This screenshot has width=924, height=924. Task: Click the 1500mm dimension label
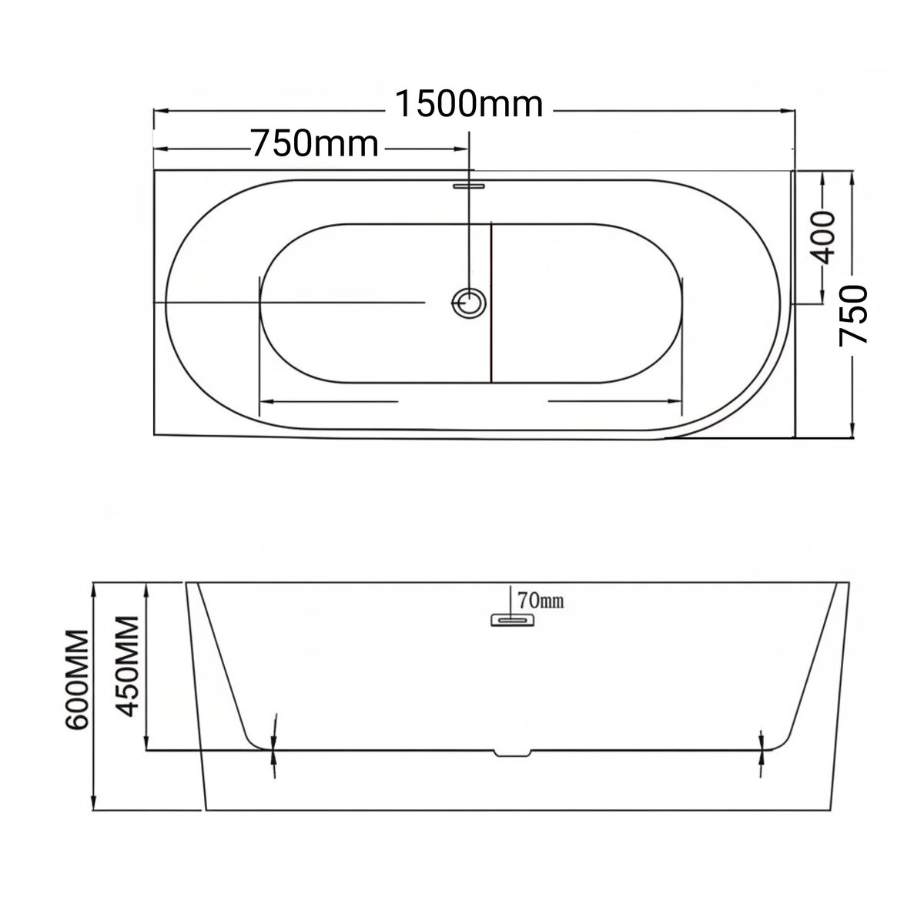(x=469, y=105)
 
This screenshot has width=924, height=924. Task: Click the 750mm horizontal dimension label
(x=316, y=144)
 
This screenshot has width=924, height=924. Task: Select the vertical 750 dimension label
(x=853, y=315)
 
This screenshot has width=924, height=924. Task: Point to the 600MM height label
(x=77, y=681)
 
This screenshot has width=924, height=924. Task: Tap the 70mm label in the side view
(x=541, y=601)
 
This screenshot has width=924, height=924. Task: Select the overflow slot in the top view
(x=470, y=185)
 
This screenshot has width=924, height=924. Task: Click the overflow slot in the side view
(x=512, y=620)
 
